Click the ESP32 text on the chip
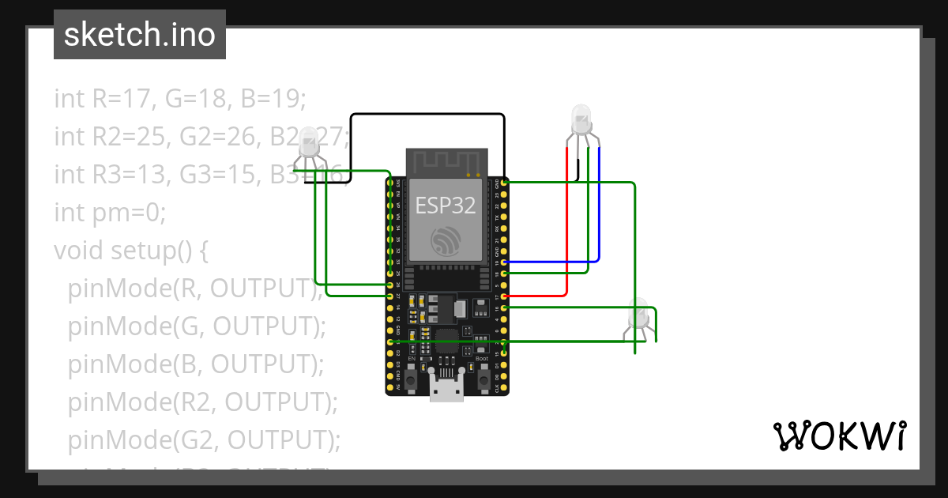[x=446, y=206]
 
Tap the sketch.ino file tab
[x=140, y=35]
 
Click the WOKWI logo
[x=838, y=436]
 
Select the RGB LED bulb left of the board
[x=309, y=142]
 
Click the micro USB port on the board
[x=446, y=390]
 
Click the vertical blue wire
[x=599, y=206]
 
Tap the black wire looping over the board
[x=427, y=115]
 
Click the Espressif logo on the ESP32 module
[x=446, y=241]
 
